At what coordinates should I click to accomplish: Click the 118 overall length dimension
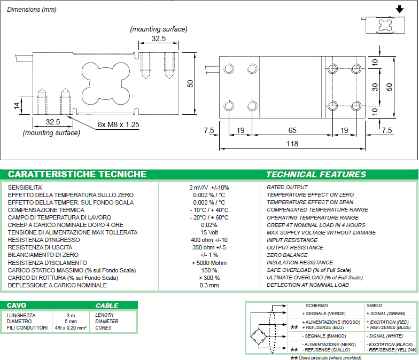pyautogui.click(x=293, y=144)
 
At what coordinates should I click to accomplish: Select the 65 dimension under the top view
pyautogui.click(x=292, y=130)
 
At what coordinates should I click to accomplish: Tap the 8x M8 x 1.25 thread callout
pyautogui.click(x=118, y=124)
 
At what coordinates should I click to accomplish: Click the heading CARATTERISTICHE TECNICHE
pyautogui.click(x=77, y=174)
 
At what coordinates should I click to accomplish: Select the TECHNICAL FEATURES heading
pyautogui.click(x=316, y=174)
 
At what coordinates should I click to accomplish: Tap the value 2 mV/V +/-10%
pyautogui.click(x=208, y=187)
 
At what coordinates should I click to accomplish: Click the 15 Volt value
pyautogui.click(x=208, y=232)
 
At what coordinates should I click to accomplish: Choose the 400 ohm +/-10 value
pyautogui.click(x=208, y=240)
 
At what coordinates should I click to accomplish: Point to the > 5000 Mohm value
pyautogui.click(x=208, y=263)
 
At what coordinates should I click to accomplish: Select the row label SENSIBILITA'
pyautogui.click(x=26, y=187)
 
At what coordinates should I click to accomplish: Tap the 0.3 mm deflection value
pyautogui.click(x=208, y=285)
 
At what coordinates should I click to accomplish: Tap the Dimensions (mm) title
pyautogui.click(x=32, y=10)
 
